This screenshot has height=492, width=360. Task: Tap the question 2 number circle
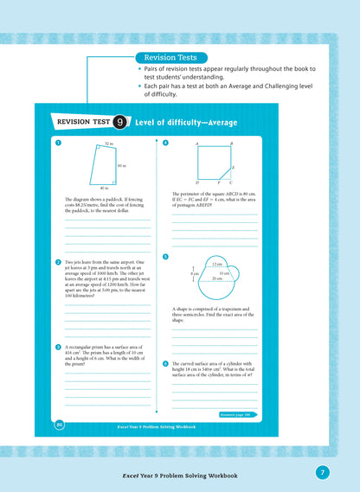pos(57,262)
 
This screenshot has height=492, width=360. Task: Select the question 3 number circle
pos(57,347)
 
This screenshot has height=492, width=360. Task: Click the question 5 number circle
pos(165,257)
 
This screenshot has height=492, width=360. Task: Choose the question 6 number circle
pos(165,364)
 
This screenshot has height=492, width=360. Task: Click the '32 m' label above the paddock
pos(109,144)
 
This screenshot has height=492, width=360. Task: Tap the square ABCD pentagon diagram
pos(214,163)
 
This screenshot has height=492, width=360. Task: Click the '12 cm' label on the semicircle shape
pos(216,263)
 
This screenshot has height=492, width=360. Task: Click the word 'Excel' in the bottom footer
pos(132,476)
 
